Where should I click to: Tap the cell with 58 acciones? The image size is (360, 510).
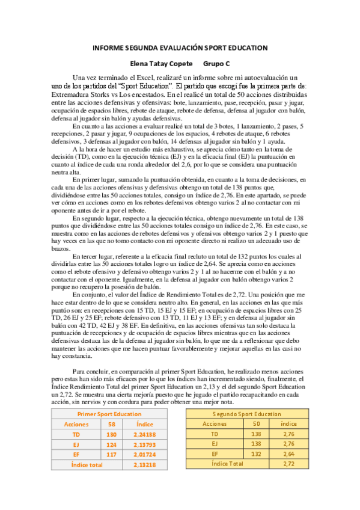(x=111, y=425)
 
